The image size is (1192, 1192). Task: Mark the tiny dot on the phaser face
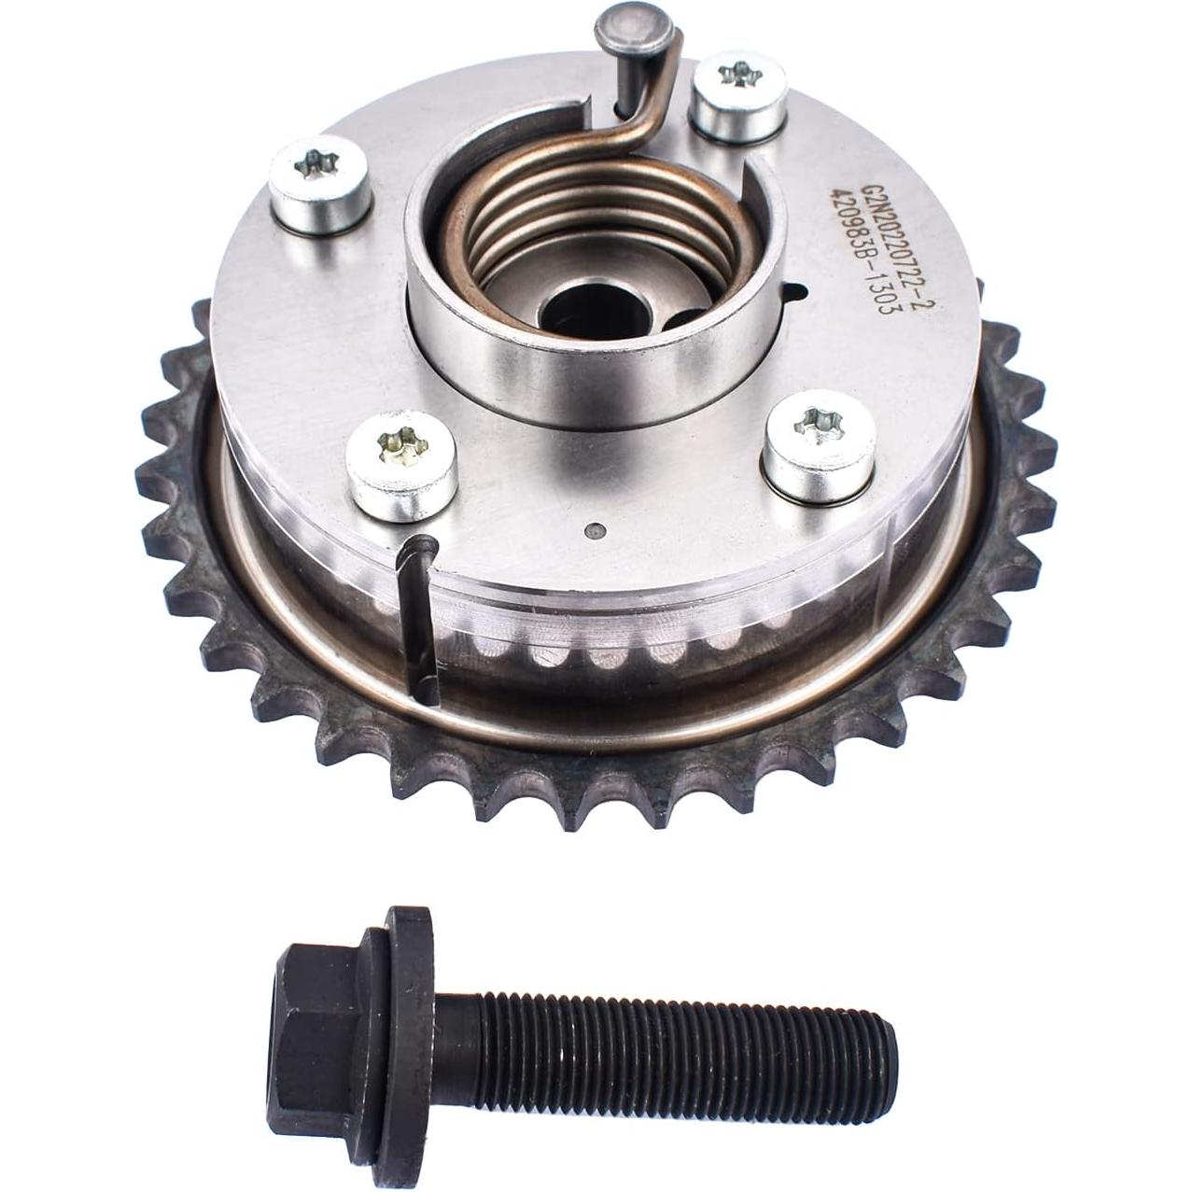(590, 532)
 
